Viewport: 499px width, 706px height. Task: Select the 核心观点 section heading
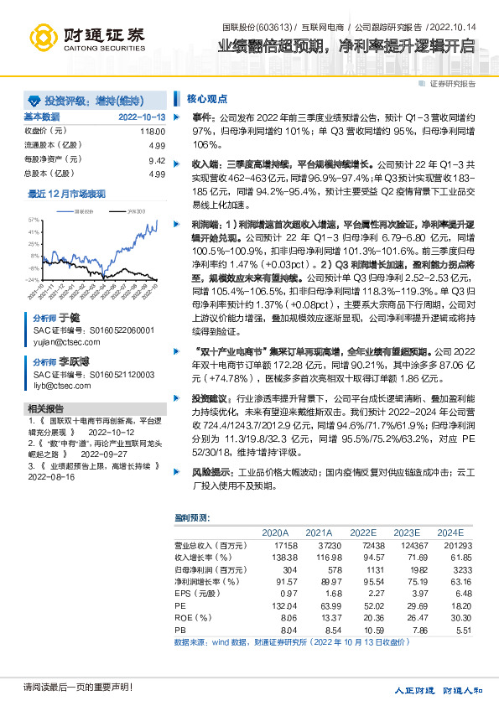click(x=203, y=98)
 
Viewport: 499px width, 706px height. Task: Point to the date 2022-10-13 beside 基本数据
click(x=141, y=117)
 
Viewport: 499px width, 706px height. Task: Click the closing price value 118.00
click(x=152, y=131)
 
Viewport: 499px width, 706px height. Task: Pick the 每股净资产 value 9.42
click(x=156, y=159)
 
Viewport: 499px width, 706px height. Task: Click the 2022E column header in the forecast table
click(x=362, y=532)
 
